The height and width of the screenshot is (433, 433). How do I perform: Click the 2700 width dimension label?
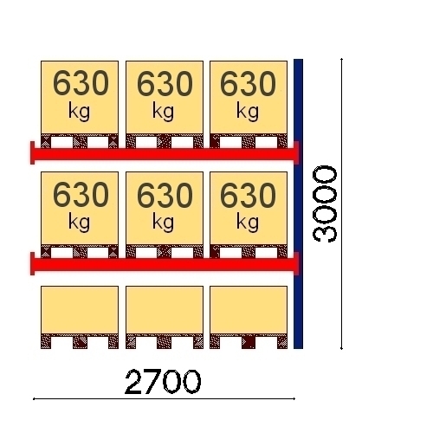point(163,382)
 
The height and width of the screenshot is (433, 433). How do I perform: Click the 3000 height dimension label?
point(325,204)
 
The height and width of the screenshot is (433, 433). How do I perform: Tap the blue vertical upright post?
point(298,204)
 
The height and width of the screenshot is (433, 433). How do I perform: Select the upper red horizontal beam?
point(165,154)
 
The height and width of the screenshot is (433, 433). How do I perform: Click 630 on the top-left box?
point(81,84)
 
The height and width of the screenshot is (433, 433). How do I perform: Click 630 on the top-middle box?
point(165,84)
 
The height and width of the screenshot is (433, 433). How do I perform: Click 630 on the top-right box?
point(248,84)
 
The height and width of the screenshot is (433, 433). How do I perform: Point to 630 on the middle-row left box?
point(81,195)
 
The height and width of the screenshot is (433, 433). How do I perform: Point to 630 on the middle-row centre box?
point(165,195)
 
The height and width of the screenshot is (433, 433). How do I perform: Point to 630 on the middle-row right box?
point(248,195)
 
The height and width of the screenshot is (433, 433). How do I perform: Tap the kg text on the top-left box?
point(79,112)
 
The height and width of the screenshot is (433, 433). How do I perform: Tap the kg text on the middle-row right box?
point(248,223)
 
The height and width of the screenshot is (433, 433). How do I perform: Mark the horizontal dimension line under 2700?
point(164,399)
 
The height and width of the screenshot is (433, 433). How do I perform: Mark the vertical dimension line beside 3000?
point(342,204)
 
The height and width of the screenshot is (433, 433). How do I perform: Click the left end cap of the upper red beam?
point(32,152)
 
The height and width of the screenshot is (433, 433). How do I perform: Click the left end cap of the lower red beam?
point(32,263)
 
